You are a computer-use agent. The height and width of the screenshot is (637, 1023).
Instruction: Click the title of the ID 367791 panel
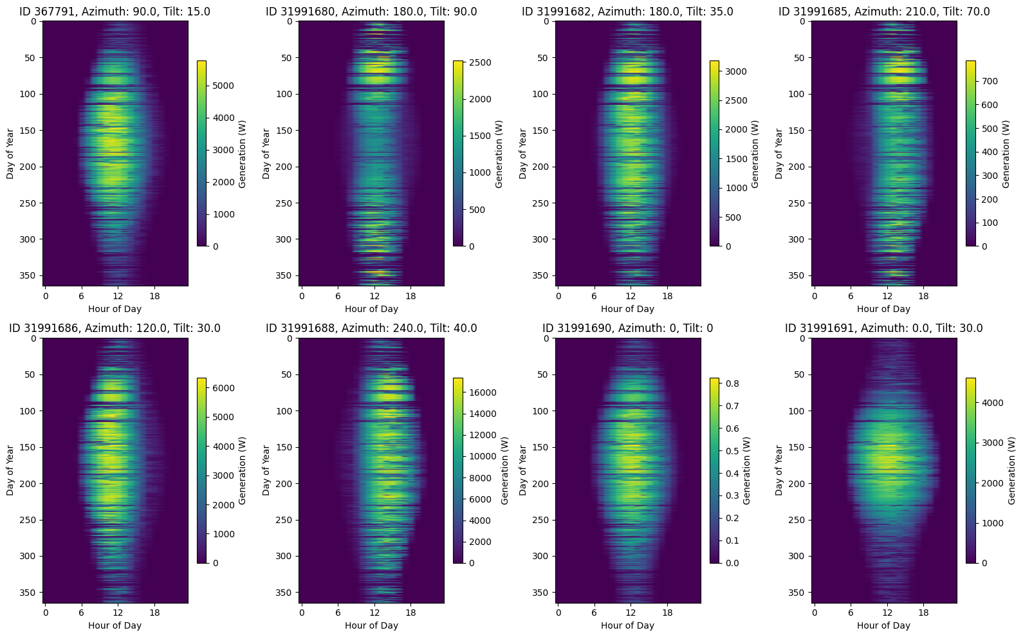(x=115, y=11)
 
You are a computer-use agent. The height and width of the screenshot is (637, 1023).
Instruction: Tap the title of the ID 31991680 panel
(x=371, y=11)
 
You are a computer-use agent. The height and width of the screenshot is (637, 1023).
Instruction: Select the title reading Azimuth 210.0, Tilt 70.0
(x=884, y=11)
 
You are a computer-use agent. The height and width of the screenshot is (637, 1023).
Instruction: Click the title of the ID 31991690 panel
(x=627, y=328)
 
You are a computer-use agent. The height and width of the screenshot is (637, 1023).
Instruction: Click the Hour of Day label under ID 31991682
(x=627, y=309)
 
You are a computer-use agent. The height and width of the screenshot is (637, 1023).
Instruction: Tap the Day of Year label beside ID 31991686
(x=10, y=470)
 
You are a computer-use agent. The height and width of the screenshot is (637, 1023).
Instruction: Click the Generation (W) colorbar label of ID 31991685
(x=1006, y=154)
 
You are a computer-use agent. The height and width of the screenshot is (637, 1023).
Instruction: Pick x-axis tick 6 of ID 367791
(x=81, y=296)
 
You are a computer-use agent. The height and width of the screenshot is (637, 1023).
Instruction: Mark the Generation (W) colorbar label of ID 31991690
(x=747, y=471)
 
